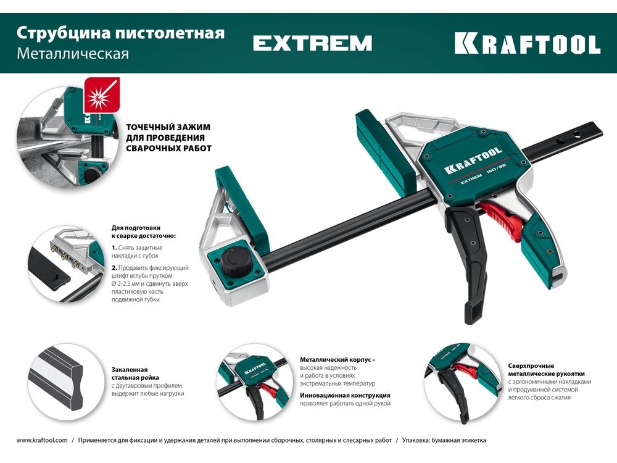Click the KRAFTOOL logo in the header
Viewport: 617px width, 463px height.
[x=528, y=43]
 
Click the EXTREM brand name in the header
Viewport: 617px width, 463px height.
[x=312, y=43]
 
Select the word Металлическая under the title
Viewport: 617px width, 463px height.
[x=73, y=54]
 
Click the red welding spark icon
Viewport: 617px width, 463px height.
[x=102, y=95]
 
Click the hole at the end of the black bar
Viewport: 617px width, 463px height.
[x=576, y=134]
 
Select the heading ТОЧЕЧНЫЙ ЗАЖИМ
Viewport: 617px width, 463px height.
[x=168, y=127]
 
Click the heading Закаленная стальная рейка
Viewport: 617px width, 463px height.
[x=135, y=373]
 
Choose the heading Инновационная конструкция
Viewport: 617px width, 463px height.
[x=345, y=395]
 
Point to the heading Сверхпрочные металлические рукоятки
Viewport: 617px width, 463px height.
[x=546, y=370]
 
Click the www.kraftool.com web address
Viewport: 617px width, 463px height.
[x=42, y=440]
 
